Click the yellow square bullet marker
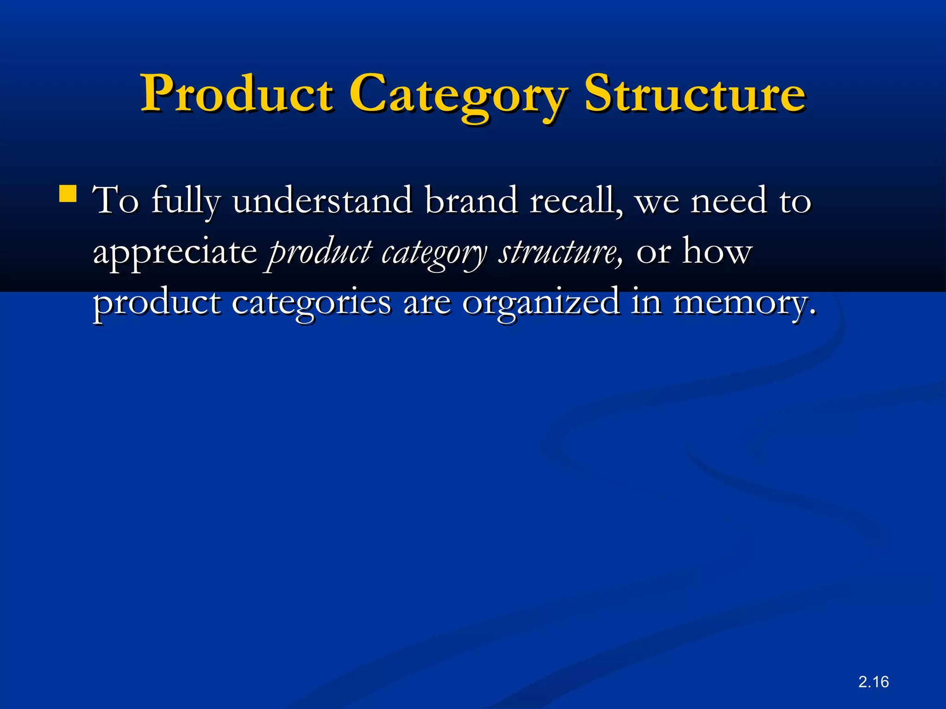(x=68, y=194)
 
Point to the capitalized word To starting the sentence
(x=115, y=201)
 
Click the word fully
(x=186, y=202)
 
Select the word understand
(x=322, y=201)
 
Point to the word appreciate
(x=175, y=253)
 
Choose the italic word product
(x=320, y=253)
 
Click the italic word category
(x=434, y=253)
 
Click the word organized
(x=540, y=303)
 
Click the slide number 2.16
(x=873, y=682)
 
